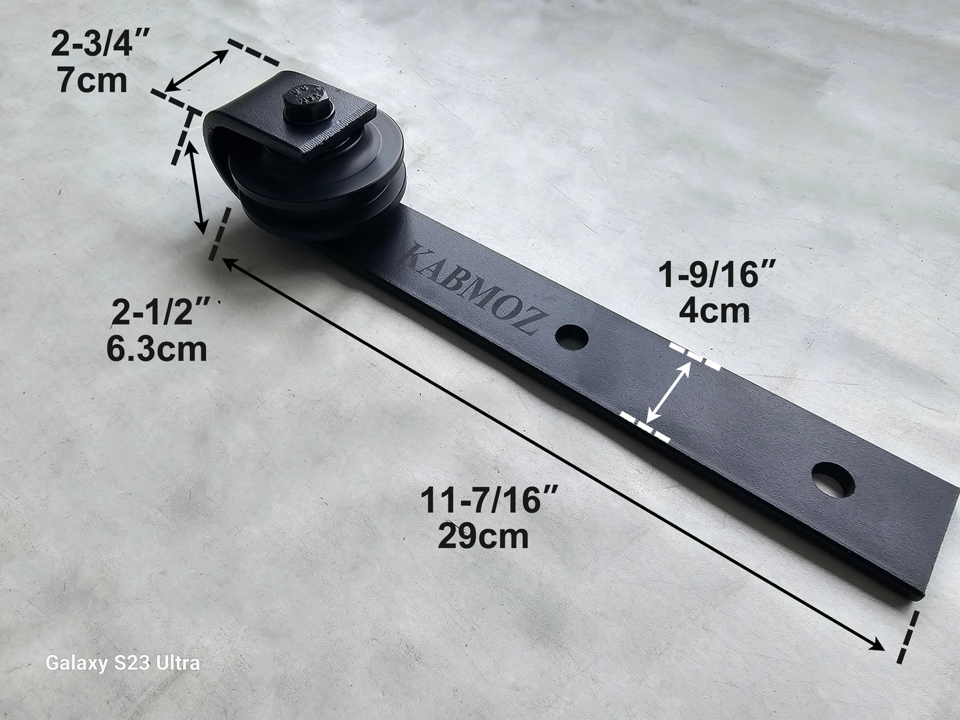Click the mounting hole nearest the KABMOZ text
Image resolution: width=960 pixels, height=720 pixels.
pos(571,337)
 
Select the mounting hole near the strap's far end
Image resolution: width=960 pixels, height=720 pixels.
pos(832,480)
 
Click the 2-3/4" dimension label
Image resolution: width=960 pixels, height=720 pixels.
pos(100,43)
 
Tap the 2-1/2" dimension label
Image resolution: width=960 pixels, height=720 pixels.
pos(161,312)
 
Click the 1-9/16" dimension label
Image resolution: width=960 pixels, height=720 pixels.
pos(717,274)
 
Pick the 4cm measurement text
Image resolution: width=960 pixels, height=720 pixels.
pos(714,310)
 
